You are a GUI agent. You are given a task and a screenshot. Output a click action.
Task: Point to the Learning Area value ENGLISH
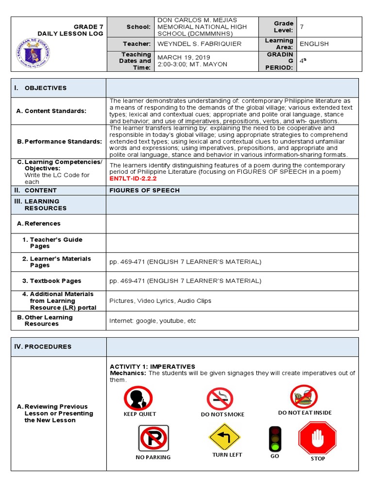[x=314, y=44]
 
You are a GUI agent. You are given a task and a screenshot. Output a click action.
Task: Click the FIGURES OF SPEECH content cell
[x=144, y=190]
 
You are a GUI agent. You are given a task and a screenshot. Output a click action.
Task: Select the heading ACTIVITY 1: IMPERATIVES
[x=152, y=366]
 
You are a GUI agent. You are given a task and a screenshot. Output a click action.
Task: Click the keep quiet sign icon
[x=138, y=398]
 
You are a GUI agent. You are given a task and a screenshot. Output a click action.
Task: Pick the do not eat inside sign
[x=304, y=397]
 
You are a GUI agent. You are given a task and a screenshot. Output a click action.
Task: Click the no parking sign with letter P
[x=153, y=438]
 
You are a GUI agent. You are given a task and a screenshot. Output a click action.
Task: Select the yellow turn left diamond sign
[x=224, y=436]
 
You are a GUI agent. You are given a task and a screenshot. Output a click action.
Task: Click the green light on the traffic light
[x=275, y=446]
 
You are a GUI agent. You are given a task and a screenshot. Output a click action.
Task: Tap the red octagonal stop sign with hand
[x=317, y=438]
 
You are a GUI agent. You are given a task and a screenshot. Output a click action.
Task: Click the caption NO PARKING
[x=153, y=457]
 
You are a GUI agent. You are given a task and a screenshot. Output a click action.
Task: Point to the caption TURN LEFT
[x=227, y=455]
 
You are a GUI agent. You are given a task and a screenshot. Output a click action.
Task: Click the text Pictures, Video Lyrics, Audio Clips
[x=160, y=301]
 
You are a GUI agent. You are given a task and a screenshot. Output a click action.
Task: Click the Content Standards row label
[x=51, y=111]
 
